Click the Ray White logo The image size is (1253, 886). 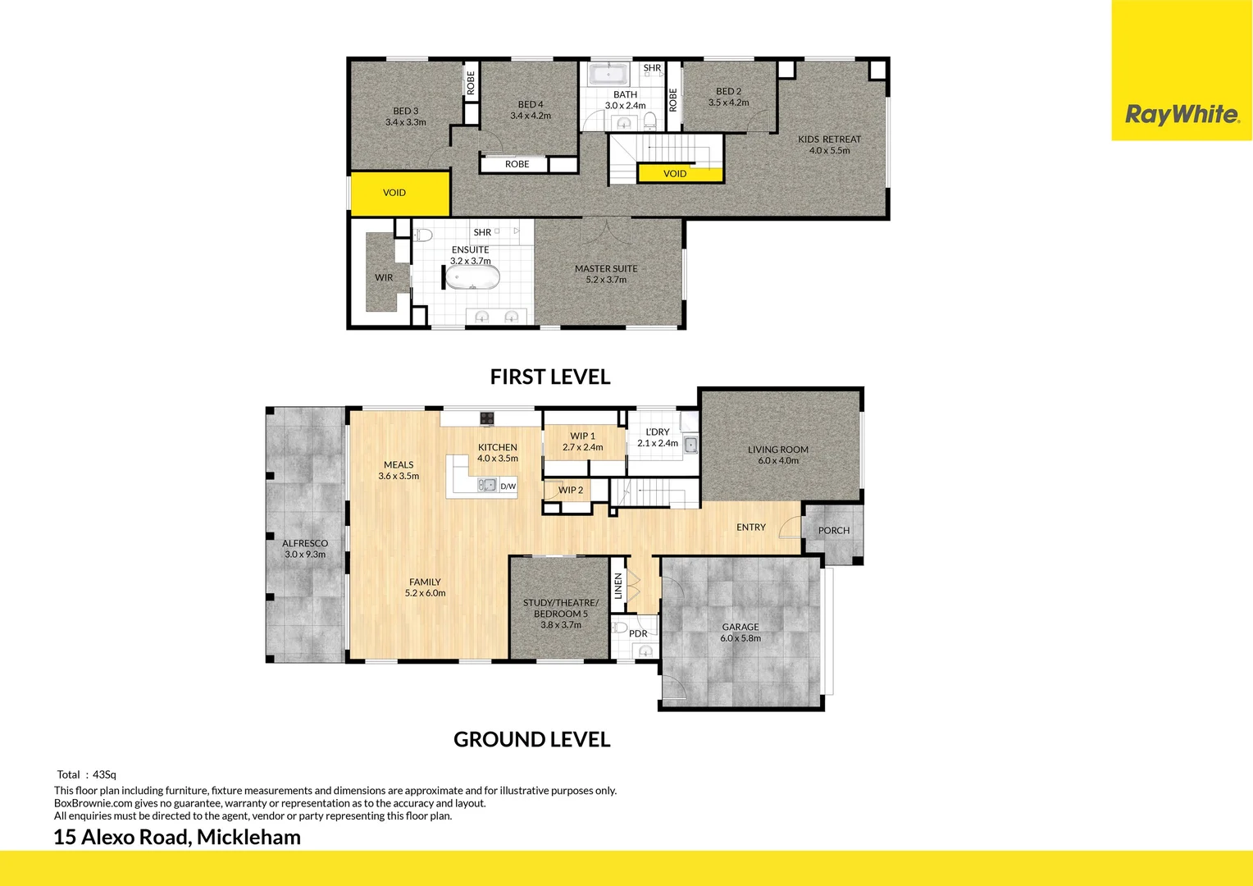coord(1182,114)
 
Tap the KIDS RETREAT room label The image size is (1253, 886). coord(829,139)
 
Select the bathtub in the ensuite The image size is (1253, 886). coord(472,277)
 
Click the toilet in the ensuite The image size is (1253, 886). coord(423,235)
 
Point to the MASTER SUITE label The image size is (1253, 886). coord(606,269)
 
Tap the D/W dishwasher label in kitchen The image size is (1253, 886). coord(508,486)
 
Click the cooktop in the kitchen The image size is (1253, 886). coord(487,418)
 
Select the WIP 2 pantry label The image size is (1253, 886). coord(571,491)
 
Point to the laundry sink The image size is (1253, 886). coord(691,445)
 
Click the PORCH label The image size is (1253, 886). coord(834,531)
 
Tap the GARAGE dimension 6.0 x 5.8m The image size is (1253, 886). coord(740,638)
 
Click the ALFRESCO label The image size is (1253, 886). coord(305,543)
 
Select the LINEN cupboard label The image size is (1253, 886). coord(618,585)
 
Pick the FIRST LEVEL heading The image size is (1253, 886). coord(550,377)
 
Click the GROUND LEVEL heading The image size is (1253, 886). coord(531,740)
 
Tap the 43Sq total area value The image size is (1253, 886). coord(105,774)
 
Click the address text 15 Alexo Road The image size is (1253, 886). coord(122,838)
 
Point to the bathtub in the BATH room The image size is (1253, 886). coord(608,75)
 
